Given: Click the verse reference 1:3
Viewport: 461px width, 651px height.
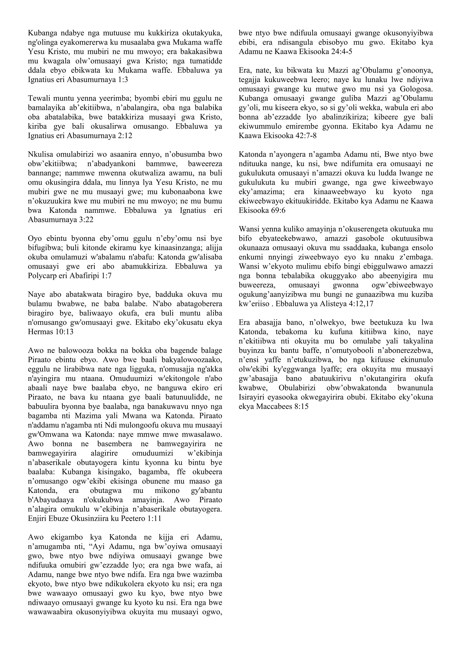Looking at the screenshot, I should [x=122, y=80].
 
